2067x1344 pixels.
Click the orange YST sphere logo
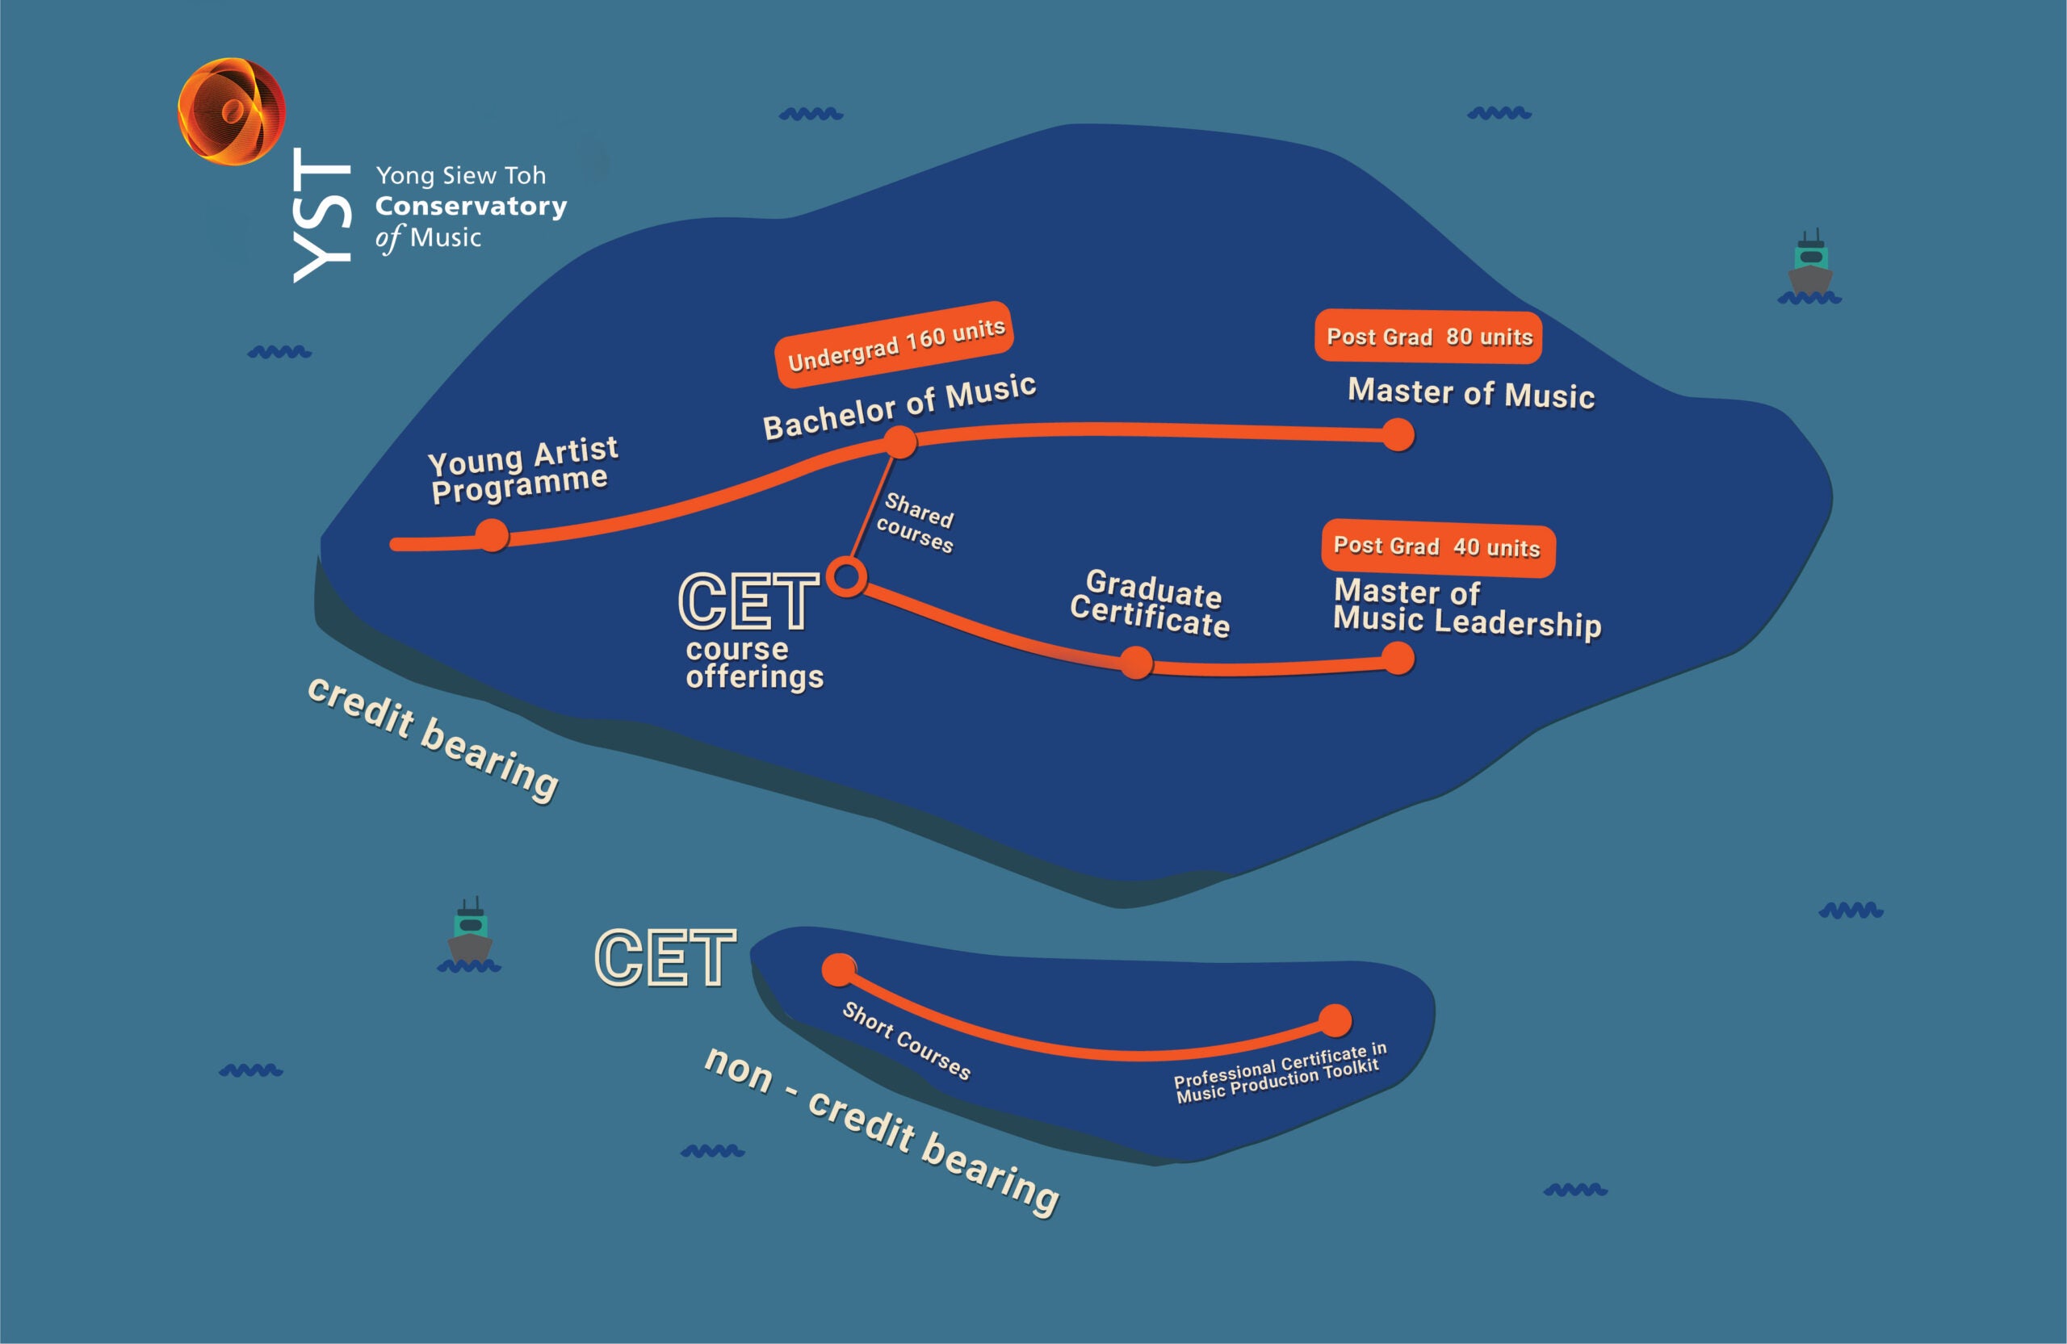pyautogui.click(x=231, y=111)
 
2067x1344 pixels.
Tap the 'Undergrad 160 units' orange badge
pyautogui.click(x=895, y=344)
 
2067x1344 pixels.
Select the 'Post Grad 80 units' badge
pyautogui.click(x=1428, y=336)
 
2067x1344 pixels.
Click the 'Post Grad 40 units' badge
pyautogui.click(x=1437, y=547)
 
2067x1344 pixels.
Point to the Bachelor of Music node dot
pyautogui.click(x=900, y=442)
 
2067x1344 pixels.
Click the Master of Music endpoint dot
pyautogui.click(x=1398, y=435)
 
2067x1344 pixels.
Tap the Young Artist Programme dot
pyautogui.click(x=493, y=535)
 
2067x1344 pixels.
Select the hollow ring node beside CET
pyautogui.click(x=847, y=577)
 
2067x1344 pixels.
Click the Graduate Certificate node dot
pyautogui.click(x=1136, y=664)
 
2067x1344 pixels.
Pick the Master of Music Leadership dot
pyautogui.click(x=1398, y=658)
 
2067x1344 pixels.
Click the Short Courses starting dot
pyautogui.click(x=839, y=969)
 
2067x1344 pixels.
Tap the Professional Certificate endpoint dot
pyautogui.click(x=1335, y=1020)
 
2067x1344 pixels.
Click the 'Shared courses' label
pyautogui.click(x=916, y=524)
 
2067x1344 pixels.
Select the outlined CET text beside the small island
pyautogui.click(x=665, y=957)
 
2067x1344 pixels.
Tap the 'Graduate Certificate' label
pyautogui.click(x=1149, y=604)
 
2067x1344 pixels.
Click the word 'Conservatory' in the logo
pyautogui.click(x=471, y=207)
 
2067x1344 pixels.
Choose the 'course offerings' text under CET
pyautogui.click(x=754, y=663)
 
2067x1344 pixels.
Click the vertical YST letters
pyautogui.click(x=321, y=215)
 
